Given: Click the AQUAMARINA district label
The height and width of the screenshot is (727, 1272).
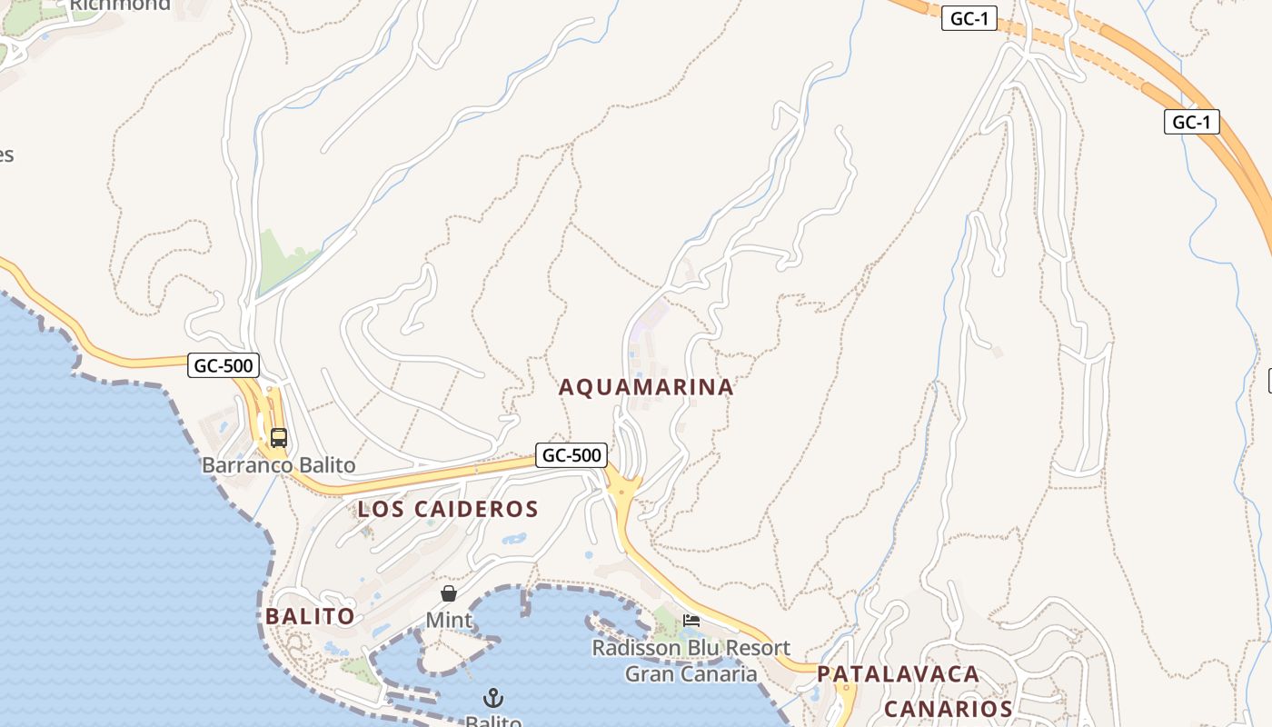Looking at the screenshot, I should (646, 387).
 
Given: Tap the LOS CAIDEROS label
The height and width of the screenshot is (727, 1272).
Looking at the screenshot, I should (448, 509).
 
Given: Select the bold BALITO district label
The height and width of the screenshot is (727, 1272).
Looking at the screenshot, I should (310, 616).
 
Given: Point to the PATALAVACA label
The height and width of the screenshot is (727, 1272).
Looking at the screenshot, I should (898, 674).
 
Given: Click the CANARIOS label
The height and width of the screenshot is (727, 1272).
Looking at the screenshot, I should (948, 709).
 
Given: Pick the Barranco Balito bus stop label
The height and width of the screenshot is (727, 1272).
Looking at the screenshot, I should (278, 465).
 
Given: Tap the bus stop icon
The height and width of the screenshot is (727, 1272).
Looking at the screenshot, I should (278, 437).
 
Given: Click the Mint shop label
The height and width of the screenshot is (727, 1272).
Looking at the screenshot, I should (449, 620).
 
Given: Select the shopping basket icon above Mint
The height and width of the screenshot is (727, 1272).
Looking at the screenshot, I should (449, 593).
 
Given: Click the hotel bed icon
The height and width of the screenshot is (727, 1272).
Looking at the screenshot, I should (691, 622).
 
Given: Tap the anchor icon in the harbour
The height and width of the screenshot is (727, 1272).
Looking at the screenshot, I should (492, 698).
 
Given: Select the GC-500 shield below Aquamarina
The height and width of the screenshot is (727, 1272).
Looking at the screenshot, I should (571, 454).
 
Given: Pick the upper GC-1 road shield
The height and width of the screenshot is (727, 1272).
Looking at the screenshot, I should (969, 18).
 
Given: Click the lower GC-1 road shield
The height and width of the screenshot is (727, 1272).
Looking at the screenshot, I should (1191, 122).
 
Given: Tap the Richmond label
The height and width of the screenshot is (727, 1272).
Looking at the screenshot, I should (120, 5).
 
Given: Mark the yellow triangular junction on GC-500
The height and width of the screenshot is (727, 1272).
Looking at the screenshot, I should (624, 491).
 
